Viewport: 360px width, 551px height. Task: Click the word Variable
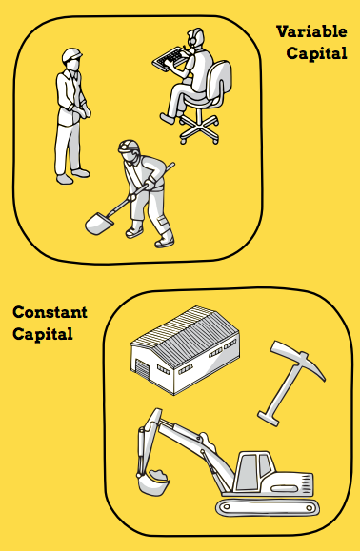pos(311,31)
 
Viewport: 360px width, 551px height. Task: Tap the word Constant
pos(50,312)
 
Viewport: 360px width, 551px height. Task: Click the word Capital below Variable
pos(317,53)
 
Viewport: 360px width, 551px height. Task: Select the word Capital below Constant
pos(43,334)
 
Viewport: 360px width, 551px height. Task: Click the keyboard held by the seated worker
pos(170,59)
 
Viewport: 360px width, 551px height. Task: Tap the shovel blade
pos(99,224)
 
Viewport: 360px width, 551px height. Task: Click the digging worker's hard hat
pos(129,146)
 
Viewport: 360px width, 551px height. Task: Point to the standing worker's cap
pos(71,55)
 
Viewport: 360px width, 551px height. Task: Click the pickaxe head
pos(298,359)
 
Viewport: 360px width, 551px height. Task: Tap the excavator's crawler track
pos(268,507)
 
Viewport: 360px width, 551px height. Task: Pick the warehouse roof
pos(186,334)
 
